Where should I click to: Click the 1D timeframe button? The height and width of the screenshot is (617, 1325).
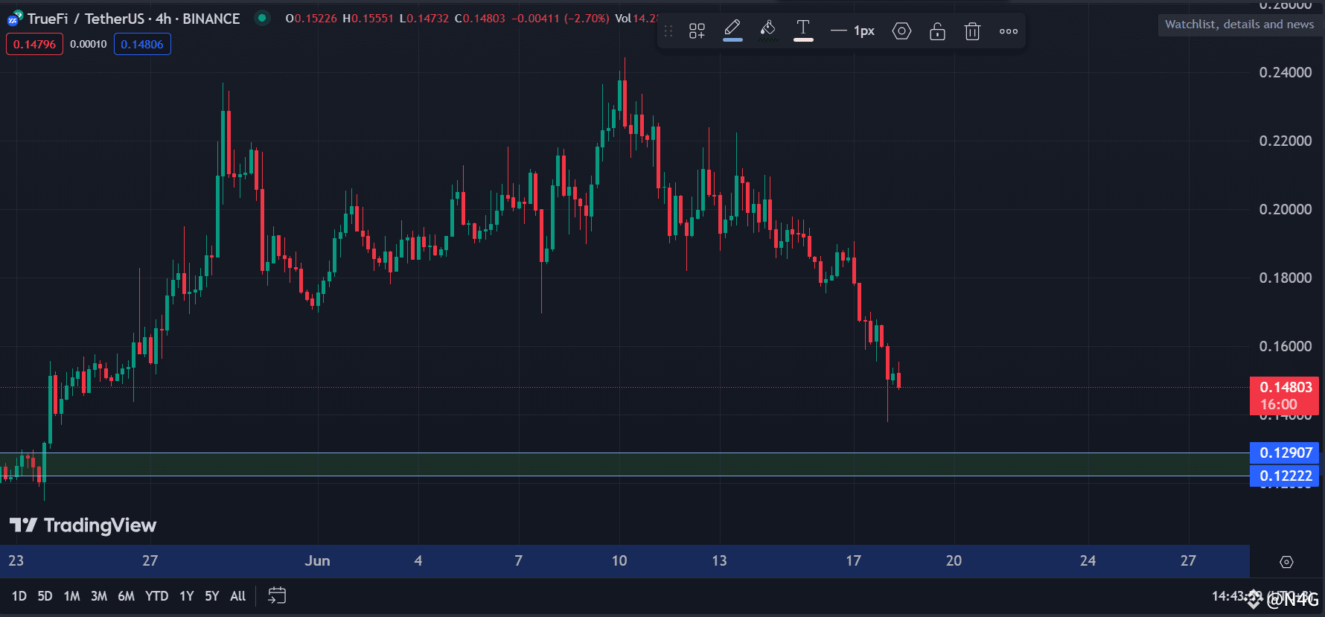tap(19, 596)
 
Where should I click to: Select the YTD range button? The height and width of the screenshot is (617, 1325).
tap(156, 596)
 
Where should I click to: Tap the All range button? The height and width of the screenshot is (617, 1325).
tap(237, 596)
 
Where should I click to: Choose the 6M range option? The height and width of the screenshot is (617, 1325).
tap(126, 596)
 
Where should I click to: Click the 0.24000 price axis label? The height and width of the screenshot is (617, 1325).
tap(1285, 72)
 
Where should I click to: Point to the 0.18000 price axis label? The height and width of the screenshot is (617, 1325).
tap(1285, 278)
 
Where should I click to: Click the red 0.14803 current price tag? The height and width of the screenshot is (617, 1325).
tap(1285, 395)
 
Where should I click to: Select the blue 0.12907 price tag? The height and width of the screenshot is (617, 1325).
tap(1285, 453)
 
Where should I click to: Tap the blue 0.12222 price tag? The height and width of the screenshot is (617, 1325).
tap(1285, 476)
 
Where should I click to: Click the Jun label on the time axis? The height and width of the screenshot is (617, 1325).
tap(317, 560)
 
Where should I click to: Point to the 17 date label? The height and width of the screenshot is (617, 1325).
tap(853, 560)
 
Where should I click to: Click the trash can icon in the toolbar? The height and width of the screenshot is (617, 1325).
tap(972, 31)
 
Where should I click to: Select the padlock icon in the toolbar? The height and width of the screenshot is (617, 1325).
tap(937, 31)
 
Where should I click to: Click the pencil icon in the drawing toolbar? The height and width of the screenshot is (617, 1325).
tap(732, 30)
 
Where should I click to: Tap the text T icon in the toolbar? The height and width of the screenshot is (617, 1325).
tap(803, 30)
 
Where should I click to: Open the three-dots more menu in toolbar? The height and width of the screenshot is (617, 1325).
tap(1009, 31)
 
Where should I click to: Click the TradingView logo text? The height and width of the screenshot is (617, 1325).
tap(83, 525)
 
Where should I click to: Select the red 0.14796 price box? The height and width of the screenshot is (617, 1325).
tap(34, 44)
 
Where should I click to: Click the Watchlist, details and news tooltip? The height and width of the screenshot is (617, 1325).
tap(1239, 25)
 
